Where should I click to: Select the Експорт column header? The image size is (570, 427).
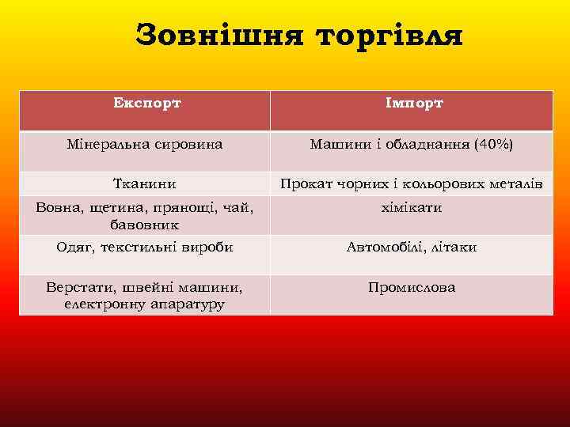(146, 103)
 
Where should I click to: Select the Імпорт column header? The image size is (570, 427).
(413, 103)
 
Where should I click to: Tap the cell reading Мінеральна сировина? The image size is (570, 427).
(145, 145)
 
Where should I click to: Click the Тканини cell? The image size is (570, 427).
(145, 184)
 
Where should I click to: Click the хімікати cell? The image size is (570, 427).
(412, 207)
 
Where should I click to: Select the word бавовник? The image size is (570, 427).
(145, 225)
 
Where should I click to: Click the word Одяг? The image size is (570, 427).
(73, 247)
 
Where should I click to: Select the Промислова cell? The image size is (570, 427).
(412, 287)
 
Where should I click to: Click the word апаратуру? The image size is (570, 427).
(185, 304)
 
